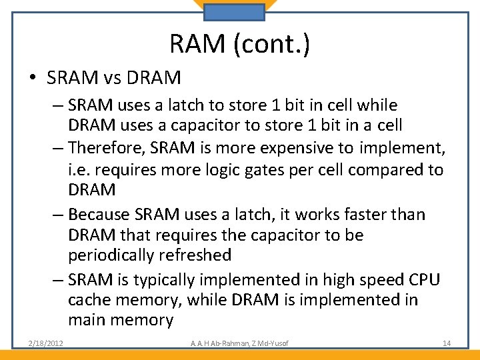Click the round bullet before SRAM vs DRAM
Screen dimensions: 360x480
(33, 79)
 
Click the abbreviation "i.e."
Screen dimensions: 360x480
(79, 169)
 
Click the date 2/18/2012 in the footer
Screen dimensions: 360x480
(46, 343)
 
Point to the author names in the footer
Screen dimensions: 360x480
(241, 343)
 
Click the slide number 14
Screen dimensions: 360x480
(447, 343)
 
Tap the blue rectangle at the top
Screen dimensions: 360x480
(234, 12)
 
